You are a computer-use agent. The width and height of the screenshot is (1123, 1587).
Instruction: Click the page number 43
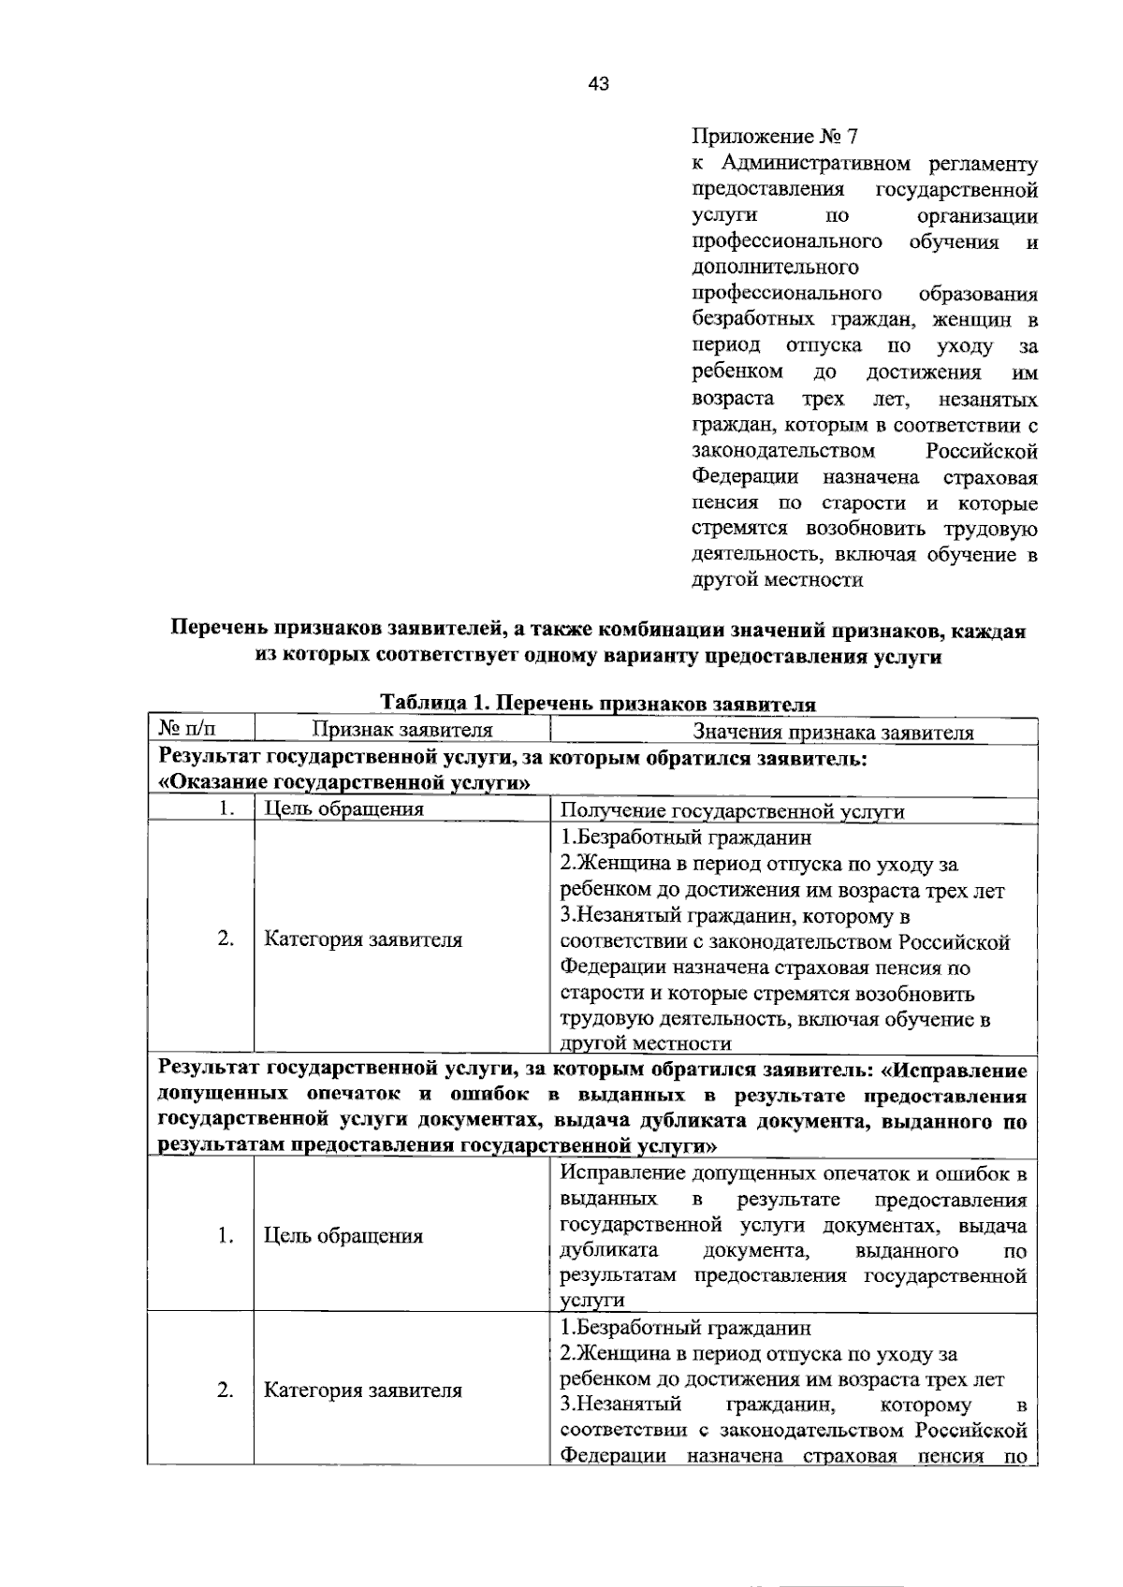tap(598, 85)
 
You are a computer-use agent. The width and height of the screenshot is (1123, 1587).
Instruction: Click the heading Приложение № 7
tap(774, 138)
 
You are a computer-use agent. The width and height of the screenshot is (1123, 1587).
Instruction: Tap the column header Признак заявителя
tap(401, 731)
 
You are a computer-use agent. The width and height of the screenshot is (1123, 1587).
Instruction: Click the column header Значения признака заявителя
tap(833, 733)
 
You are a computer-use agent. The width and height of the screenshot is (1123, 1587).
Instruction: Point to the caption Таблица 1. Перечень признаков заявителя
tap(598, 704)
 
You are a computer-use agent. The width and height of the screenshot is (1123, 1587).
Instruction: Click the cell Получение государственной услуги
tap(732, 811)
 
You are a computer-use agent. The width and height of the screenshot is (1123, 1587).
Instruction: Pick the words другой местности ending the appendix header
tap(777, 580)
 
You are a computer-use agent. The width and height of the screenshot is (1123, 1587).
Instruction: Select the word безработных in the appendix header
tap(745, 320)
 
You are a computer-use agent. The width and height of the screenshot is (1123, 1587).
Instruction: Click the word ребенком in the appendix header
tap(737, 372)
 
